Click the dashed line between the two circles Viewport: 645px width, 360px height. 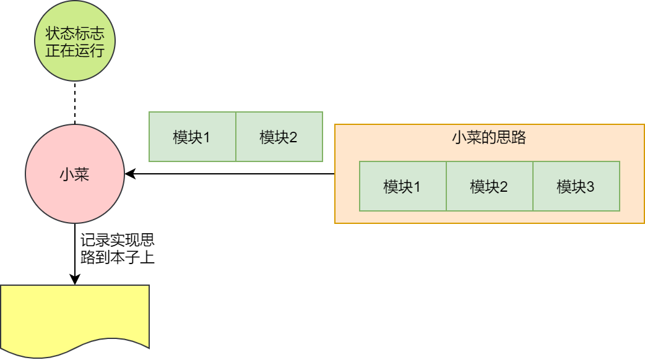pyautogui.click(x=74, y=102)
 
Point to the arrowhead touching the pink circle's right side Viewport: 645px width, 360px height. pyautogui.click(x=129, y=174)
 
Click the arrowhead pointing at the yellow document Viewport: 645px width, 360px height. pyautogui.click(x=74, y=280)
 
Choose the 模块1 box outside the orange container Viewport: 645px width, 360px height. pyautogui.click(x=192, y=137)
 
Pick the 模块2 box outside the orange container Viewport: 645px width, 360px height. pyautogui.click(x=279, y=137)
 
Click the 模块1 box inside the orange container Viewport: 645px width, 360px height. pyautogui.click(x=402, y=186)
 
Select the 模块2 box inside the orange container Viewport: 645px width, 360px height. pyautogui.click(x=489, y=186)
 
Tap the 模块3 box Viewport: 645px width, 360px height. pyautogui.click(x=576, y=186)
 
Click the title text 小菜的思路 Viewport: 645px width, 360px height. pyautogui.click(x=489, y=137)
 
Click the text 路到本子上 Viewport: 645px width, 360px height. pyautogui.click(x=118, y=257)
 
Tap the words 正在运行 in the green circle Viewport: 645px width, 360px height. pyautogui.click(x=74, y=51)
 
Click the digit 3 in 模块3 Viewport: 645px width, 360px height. pyautogui.click(x=590, y=186)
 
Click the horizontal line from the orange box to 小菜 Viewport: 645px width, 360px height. pyautogui.click(x=235, y=174)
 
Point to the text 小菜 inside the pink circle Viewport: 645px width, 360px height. pyautogui.click(x=74, y=174)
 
